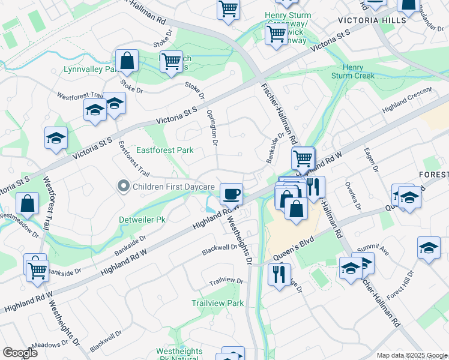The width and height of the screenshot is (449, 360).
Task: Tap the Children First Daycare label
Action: pos(173,187)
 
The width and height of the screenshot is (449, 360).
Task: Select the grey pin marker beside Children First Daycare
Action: pos(124,187)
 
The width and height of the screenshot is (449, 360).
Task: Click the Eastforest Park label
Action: pos(164,150)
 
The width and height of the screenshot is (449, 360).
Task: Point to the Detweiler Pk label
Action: pos(143,220)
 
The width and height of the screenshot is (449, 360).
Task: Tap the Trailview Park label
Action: pos(218,303)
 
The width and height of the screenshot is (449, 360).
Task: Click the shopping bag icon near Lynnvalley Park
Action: pos(127,60)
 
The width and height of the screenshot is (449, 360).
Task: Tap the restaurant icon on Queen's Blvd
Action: pos(279,275)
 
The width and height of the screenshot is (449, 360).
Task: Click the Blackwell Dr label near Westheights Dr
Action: pos(220,247)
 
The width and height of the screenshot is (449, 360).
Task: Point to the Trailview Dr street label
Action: pos(226,281)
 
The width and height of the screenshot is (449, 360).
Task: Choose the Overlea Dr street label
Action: pos(352,196)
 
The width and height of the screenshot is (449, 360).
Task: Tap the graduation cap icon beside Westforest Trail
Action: pos(56,138)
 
